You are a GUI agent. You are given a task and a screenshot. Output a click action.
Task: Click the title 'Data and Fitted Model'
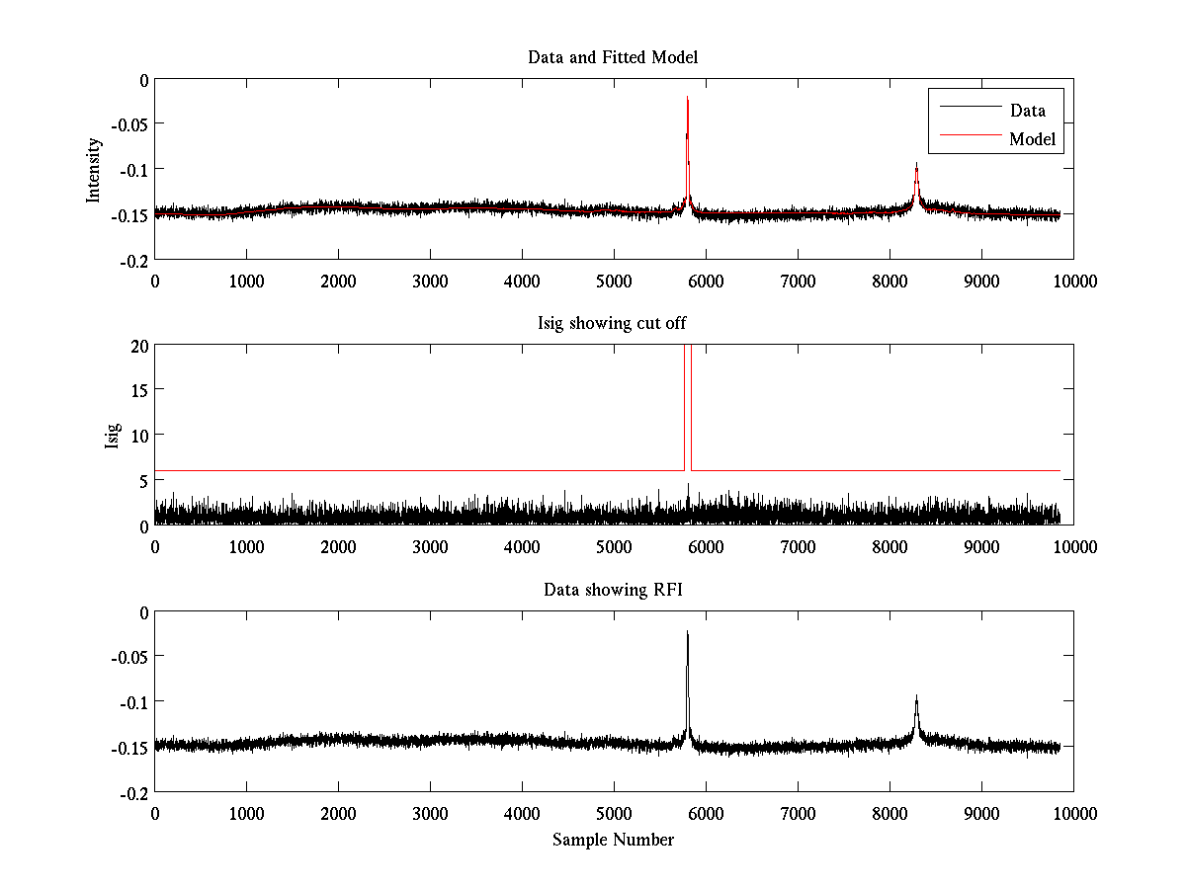point(613,57)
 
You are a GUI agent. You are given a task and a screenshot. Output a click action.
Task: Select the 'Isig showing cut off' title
point(613,324)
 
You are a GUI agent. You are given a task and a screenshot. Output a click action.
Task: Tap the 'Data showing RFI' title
point(613,590)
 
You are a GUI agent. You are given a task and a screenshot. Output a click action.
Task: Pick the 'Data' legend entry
point(1027,111)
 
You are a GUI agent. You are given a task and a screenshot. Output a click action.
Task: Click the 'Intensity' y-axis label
point(94,169)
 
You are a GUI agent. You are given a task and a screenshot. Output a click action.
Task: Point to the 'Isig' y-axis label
point(112,435)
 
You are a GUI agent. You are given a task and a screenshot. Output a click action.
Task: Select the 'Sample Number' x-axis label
point(613,840)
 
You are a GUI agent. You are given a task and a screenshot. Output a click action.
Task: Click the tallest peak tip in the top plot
point(687,98)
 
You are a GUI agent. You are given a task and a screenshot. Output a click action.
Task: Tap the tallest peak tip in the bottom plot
point(687,631)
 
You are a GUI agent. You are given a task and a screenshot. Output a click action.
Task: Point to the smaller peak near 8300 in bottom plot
point(916,695)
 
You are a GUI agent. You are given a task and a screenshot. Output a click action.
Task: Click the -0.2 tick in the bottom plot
point(134,792)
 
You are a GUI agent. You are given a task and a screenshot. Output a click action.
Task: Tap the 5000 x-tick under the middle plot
point(614,546)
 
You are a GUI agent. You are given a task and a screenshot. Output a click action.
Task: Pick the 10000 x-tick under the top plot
point(1073,281)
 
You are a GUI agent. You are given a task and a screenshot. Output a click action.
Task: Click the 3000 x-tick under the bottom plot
point(430,813)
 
